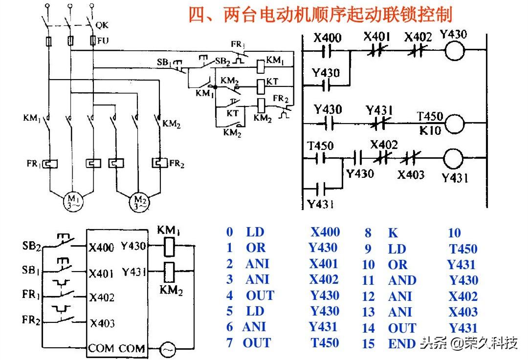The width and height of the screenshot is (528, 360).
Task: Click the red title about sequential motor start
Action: (320, 14)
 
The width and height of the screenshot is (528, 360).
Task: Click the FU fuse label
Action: (103, 41)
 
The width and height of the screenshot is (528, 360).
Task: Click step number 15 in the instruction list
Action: (368, 344)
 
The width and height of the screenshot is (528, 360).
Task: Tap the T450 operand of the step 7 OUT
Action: (325, 343)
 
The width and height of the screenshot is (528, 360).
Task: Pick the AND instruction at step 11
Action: (402, 280)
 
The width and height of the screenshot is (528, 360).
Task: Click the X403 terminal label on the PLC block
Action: (102, 323)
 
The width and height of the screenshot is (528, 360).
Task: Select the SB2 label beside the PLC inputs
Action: (32, 246)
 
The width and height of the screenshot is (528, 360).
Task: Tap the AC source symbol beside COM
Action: (168, 348)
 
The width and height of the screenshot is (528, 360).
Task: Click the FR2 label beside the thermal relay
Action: (176, 164)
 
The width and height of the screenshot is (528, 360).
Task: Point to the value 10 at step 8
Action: (454, 233)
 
